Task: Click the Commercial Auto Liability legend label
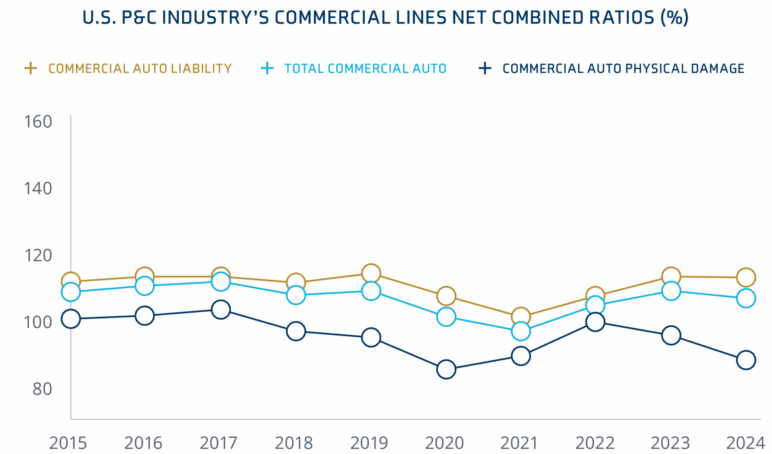(x=140, y=68)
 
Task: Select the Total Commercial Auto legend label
(x=365, y=68)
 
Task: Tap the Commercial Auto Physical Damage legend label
(x=623, y=68)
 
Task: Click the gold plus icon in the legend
(x=31, y=68)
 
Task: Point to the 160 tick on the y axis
(x=38, y=122)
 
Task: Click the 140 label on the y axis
(x=38, y=188)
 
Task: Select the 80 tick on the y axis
(x=41, y=388)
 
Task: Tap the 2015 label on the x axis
(x=68, y=443)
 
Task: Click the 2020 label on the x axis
(x=444, y=443)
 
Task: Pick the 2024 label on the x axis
(x=745, y=443)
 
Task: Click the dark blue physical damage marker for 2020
(x=446, y=369)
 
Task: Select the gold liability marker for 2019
(x=371, y=273)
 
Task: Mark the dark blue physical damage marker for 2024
(x=746, y=360)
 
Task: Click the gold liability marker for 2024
(x=746, y=277)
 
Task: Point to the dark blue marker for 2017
(x=221, y=309)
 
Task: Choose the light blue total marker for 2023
(x=671, y=291)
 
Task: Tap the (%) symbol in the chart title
(x=674, y=18)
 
